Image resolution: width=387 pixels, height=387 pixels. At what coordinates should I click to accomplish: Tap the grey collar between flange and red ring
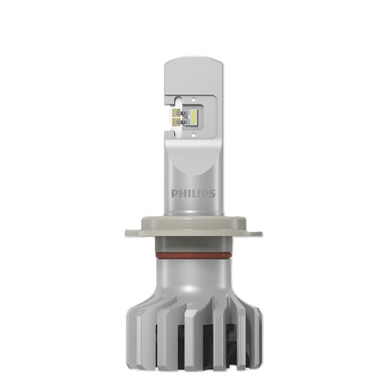(193, 242)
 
